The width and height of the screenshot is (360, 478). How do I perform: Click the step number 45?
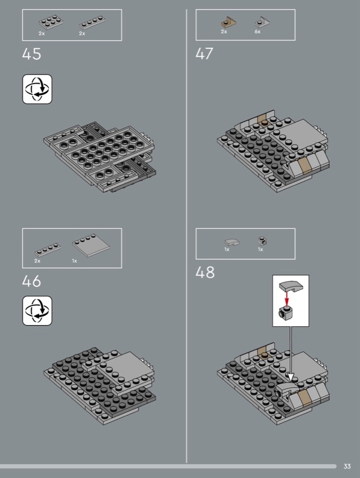32,54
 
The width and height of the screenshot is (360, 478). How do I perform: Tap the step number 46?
32,281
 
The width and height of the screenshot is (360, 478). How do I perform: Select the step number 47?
205,54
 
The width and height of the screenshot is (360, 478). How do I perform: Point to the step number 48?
205,272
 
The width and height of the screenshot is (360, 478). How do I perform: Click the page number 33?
347,466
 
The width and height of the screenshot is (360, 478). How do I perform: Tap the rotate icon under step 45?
37,89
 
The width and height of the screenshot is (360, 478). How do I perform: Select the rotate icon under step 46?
37,311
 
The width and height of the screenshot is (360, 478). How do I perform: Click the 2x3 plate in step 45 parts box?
51,22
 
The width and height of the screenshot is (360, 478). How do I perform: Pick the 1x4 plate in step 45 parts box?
93,23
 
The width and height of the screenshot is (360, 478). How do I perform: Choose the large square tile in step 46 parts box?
91,246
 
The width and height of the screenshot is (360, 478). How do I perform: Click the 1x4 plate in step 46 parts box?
48,250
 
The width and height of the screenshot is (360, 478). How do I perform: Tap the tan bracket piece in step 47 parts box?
228,23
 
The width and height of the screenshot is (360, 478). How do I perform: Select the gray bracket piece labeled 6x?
263,22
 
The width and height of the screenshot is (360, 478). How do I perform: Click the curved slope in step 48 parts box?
232,243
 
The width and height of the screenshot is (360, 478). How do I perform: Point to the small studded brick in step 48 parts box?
263,241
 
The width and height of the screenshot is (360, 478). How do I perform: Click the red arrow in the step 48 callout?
286,298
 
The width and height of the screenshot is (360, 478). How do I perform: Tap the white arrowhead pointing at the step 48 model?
291,378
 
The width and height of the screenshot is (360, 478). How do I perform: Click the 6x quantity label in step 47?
258,32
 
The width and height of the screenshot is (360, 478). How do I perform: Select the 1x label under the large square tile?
74,261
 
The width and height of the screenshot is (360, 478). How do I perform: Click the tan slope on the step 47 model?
304,167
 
